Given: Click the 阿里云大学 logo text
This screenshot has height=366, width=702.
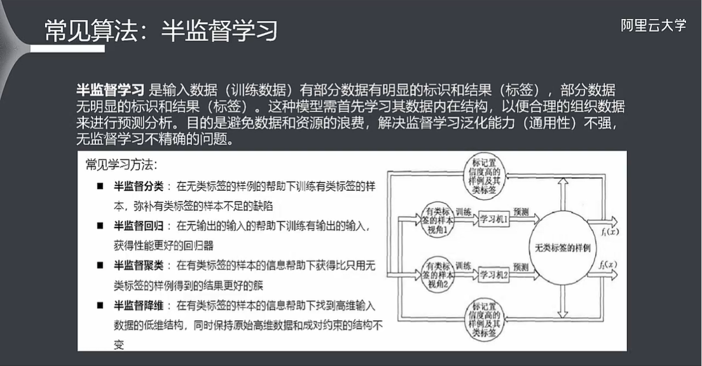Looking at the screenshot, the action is [x=653, y=26].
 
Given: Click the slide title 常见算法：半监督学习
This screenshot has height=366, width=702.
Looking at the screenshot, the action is [x=162, y=30].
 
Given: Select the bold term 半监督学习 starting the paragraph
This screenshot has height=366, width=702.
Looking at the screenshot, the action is [x=110, y=91].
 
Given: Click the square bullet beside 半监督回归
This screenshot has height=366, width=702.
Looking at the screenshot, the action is [x=100, y=226].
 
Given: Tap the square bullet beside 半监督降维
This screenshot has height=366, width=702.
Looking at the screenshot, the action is [x=100, y=305].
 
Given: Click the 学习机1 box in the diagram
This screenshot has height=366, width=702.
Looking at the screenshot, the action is [x=495, y=219].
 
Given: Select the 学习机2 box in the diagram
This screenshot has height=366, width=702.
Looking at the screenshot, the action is [x=495, y=274].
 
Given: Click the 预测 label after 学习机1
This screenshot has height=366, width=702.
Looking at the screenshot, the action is [x=521, y=212].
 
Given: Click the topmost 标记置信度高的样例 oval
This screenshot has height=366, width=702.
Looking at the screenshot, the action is [x=487, y=172].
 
